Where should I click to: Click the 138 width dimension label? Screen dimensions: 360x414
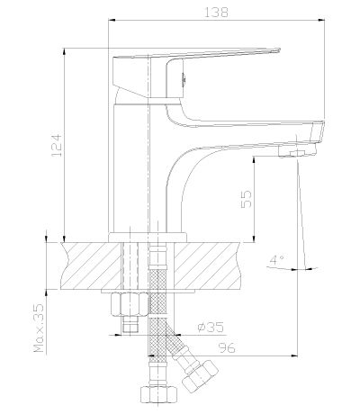(x=216, y=13)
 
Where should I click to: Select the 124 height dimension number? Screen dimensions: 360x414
(x=57, y=145)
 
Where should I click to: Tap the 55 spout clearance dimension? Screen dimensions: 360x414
(x=247, y=199)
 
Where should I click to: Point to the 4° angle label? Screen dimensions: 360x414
(x=277, y=259)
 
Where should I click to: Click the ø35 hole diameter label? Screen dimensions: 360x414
(x=211, y=328)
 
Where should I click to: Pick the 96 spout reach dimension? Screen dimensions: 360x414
(x=227, y=348)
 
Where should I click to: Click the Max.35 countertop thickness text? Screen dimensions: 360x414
(x=39, y=328)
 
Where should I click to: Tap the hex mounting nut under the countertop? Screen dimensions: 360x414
(x=130, y=304)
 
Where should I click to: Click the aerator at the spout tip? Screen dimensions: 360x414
(x=297, y=151)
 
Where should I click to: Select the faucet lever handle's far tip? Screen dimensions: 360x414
(x=279, y=49)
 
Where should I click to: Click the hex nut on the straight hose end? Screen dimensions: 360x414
(x=158, y=394)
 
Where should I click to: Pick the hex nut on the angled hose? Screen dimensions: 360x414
(x=201, y=376)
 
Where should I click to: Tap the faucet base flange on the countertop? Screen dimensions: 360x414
(x=148, y=237)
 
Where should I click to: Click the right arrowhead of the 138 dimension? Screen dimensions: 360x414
(x=321, y=21)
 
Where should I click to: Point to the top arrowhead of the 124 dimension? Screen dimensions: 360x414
(x=64, y=51)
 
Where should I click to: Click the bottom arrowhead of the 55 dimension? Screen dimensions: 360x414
(x=254, y=238)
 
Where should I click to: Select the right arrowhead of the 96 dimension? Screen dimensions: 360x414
(x=294, y=356)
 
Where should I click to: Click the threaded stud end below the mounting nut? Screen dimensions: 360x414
(x=130, y=325)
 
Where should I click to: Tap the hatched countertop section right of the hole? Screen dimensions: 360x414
(x=208, y=265)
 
